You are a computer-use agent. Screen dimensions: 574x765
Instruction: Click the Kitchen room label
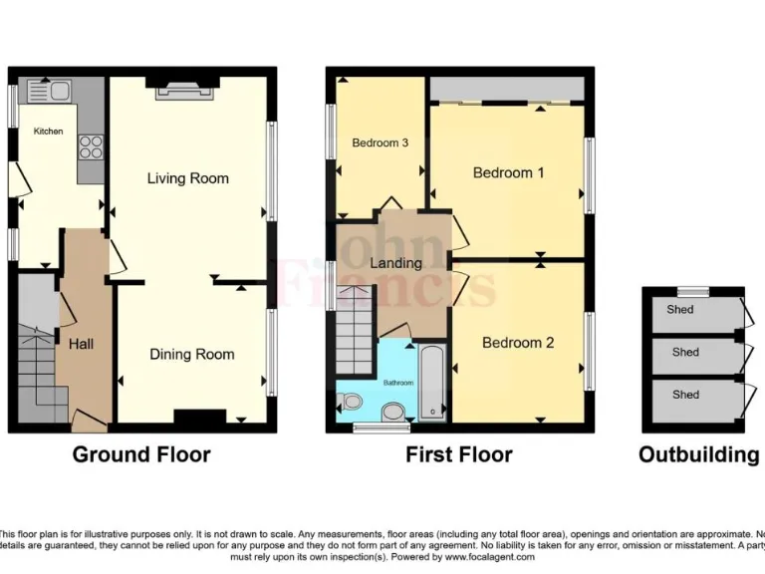[48, 132]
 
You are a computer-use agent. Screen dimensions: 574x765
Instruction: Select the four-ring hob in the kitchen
[91, 146]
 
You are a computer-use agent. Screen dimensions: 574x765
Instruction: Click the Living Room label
[187, 178]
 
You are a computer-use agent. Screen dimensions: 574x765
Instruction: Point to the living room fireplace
[185, 89]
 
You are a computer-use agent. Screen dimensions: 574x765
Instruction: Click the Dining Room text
[192, 354]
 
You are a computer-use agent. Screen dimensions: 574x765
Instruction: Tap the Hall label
[82, 344]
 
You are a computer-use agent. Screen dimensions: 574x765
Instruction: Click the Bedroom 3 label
[380, 143]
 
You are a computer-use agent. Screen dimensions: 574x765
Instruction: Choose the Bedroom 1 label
[508, 172]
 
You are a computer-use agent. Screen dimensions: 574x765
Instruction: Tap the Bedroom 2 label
[517, 343]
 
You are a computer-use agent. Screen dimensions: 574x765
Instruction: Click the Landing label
[395, 263]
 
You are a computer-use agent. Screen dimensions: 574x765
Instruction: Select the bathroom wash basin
[393, 411]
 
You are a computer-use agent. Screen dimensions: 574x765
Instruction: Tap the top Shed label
[681, 310]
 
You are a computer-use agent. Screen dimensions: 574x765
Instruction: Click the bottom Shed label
[685, 395]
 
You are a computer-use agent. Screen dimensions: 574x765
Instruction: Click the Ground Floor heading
[140, 455]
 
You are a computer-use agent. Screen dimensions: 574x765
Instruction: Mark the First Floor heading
[458, 455]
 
